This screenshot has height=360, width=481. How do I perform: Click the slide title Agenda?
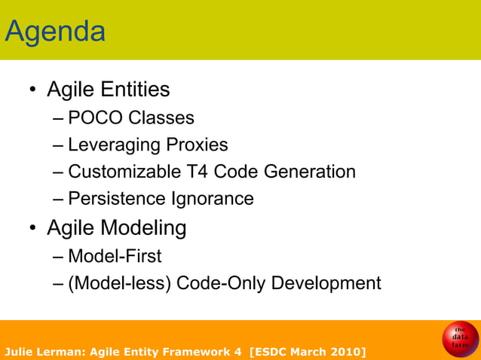[x=55, y=32]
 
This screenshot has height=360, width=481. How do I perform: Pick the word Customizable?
[x=124, y=172]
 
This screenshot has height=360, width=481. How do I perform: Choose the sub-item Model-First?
[x=115, y=256]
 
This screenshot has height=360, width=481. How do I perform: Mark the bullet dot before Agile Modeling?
[x=33, y=229]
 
